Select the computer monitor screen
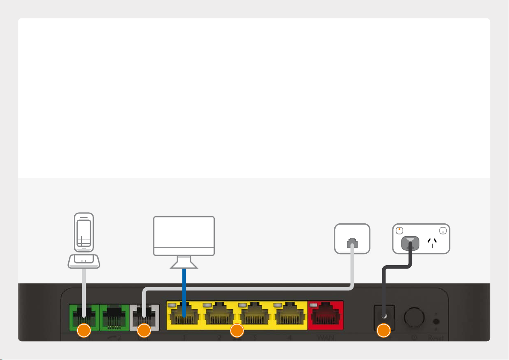click(184, 236)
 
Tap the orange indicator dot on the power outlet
click(399, 229)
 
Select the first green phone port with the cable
click(83, 316)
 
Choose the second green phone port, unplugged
click(114, 316)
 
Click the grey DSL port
click(144, 316)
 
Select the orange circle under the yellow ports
click(237, 330)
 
